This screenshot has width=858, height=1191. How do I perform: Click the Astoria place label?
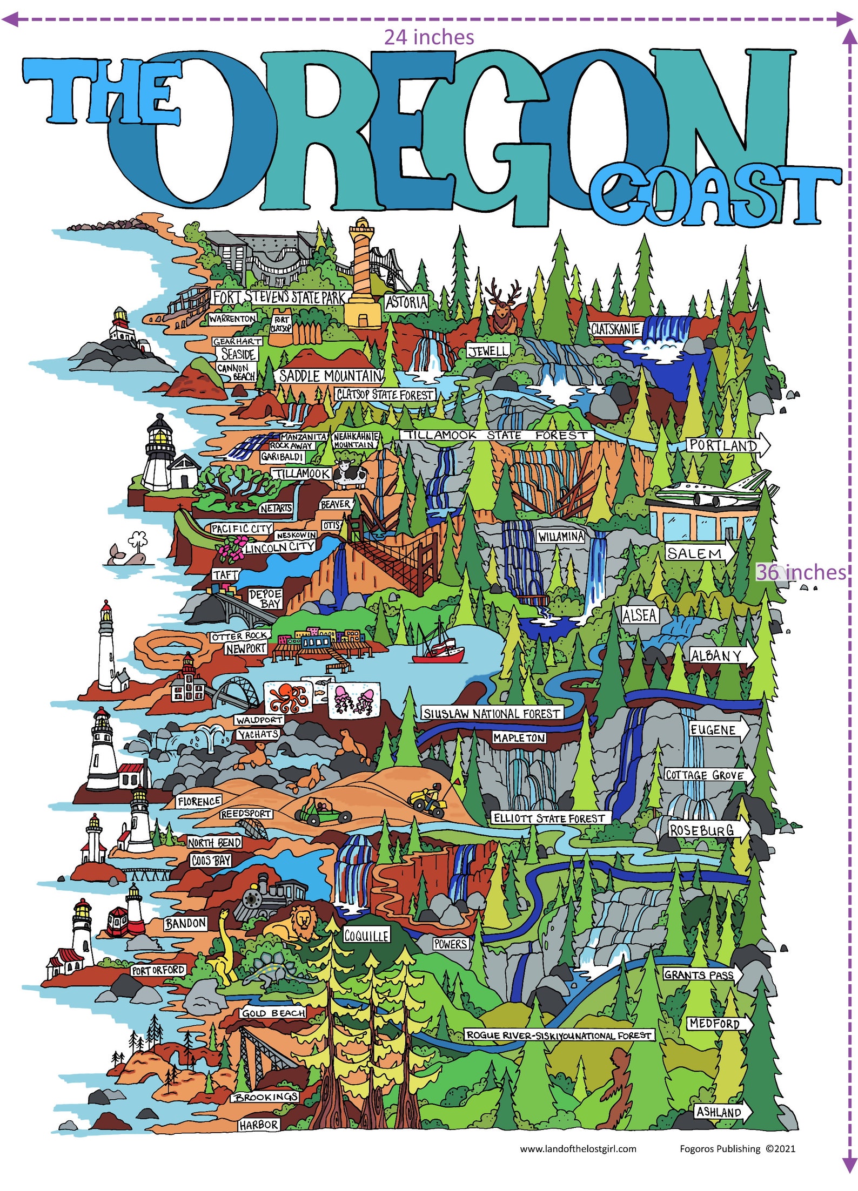point(406,302)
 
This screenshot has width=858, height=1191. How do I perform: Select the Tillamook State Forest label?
point(497,435)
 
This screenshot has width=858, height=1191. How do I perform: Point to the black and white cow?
point(350,475)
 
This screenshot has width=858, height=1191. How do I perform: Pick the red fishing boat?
point(438,651)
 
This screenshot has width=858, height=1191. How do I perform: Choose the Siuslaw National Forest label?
point(492,714)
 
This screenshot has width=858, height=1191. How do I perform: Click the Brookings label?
point(266,1097)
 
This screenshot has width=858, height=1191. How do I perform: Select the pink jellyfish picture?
point(354,699)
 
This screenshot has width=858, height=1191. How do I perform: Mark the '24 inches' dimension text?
point(429,37)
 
